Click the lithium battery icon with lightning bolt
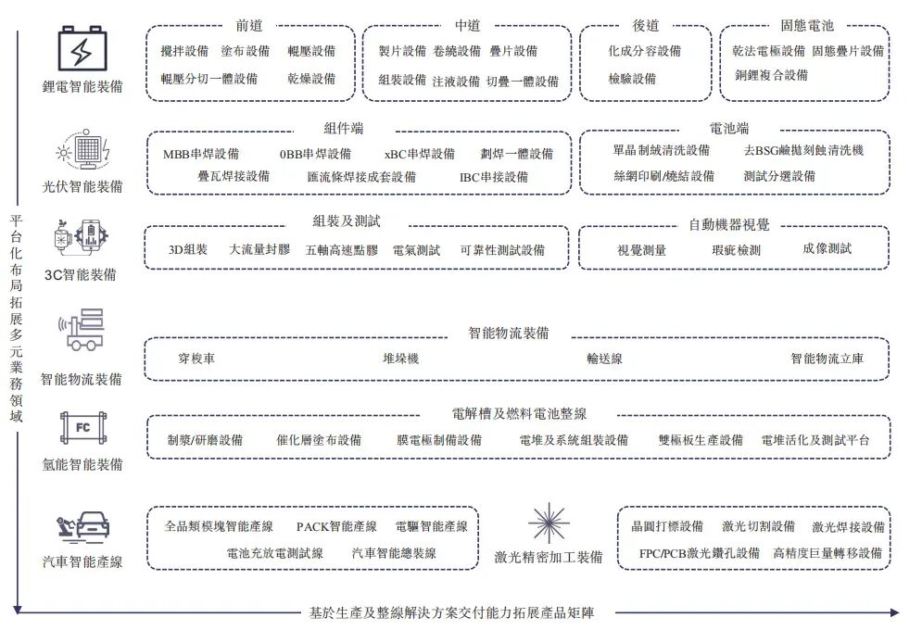click(83, 49)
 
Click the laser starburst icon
click(548, 524)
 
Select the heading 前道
click(249, 26)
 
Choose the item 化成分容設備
click(644, 51)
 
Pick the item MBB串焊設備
click(200, 154)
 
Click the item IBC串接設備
click(493, 176)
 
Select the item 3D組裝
click(189, 249)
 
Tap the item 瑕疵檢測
click(736, 249)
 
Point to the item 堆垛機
click(400, 359)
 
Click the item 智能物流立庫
click(826, 359)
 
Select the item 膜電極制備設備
click(439, 440)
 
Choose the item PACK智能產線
click(336, 526)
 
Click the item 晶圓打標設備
click(667, 526)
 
